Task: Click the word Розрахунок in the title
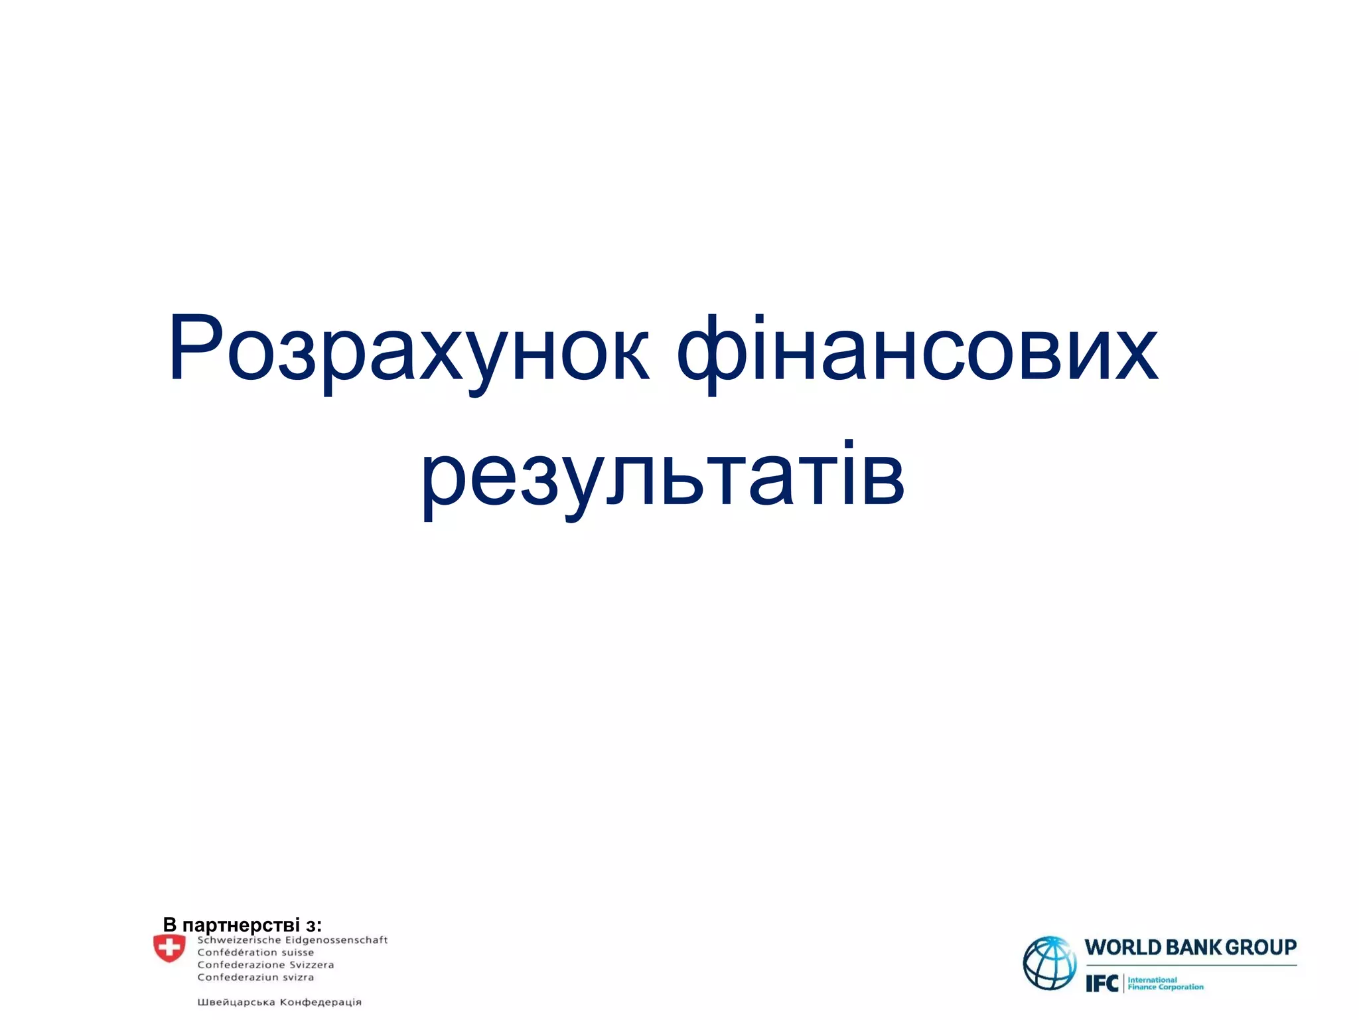click(x=408, y=350)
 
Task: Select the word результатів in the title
click(x=663, y=476)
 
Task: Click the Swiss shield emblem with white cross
click(x=169, y=948)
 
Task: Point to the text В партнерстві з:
click(x=242, y=924)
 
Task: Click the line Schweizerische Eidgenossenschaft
click(x=292, y=940)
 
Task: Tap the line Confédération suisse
click(x=255, y=952)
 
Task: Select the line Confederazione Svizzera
click(x=265, y=965)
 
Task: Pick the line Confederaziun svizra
click(x=255, y=977)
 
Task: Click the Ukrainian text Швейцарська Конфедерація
click(x=279, y=1002)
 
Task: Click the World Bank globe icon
click(x=1049, y=963)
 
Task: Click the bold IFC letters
click(x=1102, y=983)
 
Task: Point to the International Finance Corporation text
click(x=1165, y=983)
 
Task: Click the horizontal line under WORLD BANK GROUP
click(x=1190, y=966)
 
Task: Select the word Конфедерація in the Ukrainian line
click(x=321, y=1002)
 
